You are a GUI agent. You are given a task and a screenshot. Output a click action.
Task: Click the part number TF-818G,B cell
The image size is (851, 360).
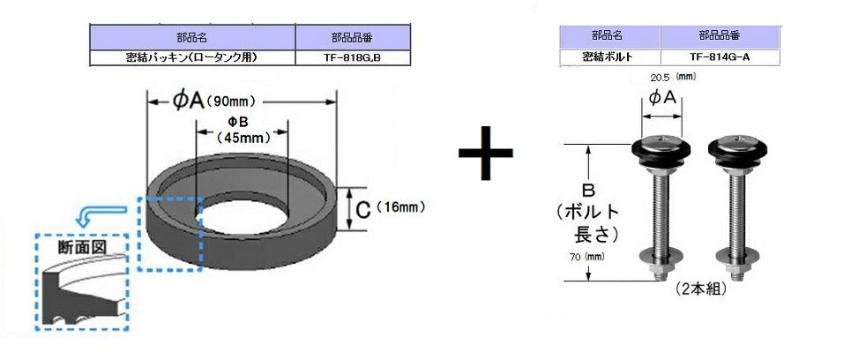353,58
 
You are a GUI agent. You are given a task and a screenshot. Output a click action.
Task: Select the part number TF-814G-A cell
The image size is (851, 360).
720,57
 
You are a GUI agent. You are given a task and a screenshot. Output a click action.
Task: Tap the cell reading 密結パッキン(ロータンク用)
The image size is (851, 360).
192,58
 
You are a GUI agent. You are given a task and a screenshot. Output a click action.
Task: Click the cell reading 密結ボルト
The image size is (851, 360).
609,57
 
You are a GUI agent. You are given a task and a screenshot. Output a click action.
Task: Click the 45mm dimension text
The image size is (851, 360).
243,138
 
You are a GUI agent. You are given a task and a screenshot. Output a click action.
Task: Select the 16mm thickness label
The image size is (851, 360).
400,206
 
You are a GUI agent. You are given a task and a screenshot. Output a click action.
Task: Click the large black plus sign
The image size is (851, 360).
485,154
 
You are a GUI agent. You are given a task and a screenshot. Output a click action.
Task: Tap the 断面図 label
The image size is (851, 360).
82,248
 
